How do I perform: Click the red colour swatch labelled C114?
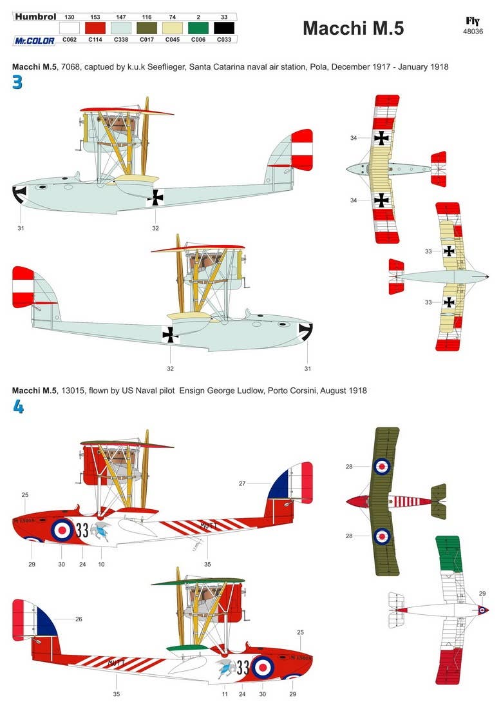(95, 27)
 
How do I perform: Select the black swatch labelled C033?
(223, 27)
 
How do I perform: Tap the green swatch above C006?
(198, 27)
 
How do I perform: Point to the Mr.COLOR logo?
(34, 40)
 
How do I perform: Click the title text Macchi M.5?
(353, 28)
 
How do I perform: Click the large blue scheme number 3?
(17, 83)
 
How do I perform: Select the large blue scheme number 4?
(17, 407)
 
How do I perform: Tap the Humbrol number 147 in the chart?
(120, 16)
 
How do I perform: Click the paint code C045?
(172, 39)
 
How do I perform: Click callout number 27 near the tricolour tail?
(243, 483)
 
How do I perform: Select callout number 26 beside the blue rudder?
(79, 619)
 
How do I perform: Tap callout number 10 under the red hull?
(100, 564)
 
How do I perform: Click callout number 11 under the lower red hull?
(225, 694)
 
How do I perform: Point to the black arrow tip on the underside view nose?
(487, 277)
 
